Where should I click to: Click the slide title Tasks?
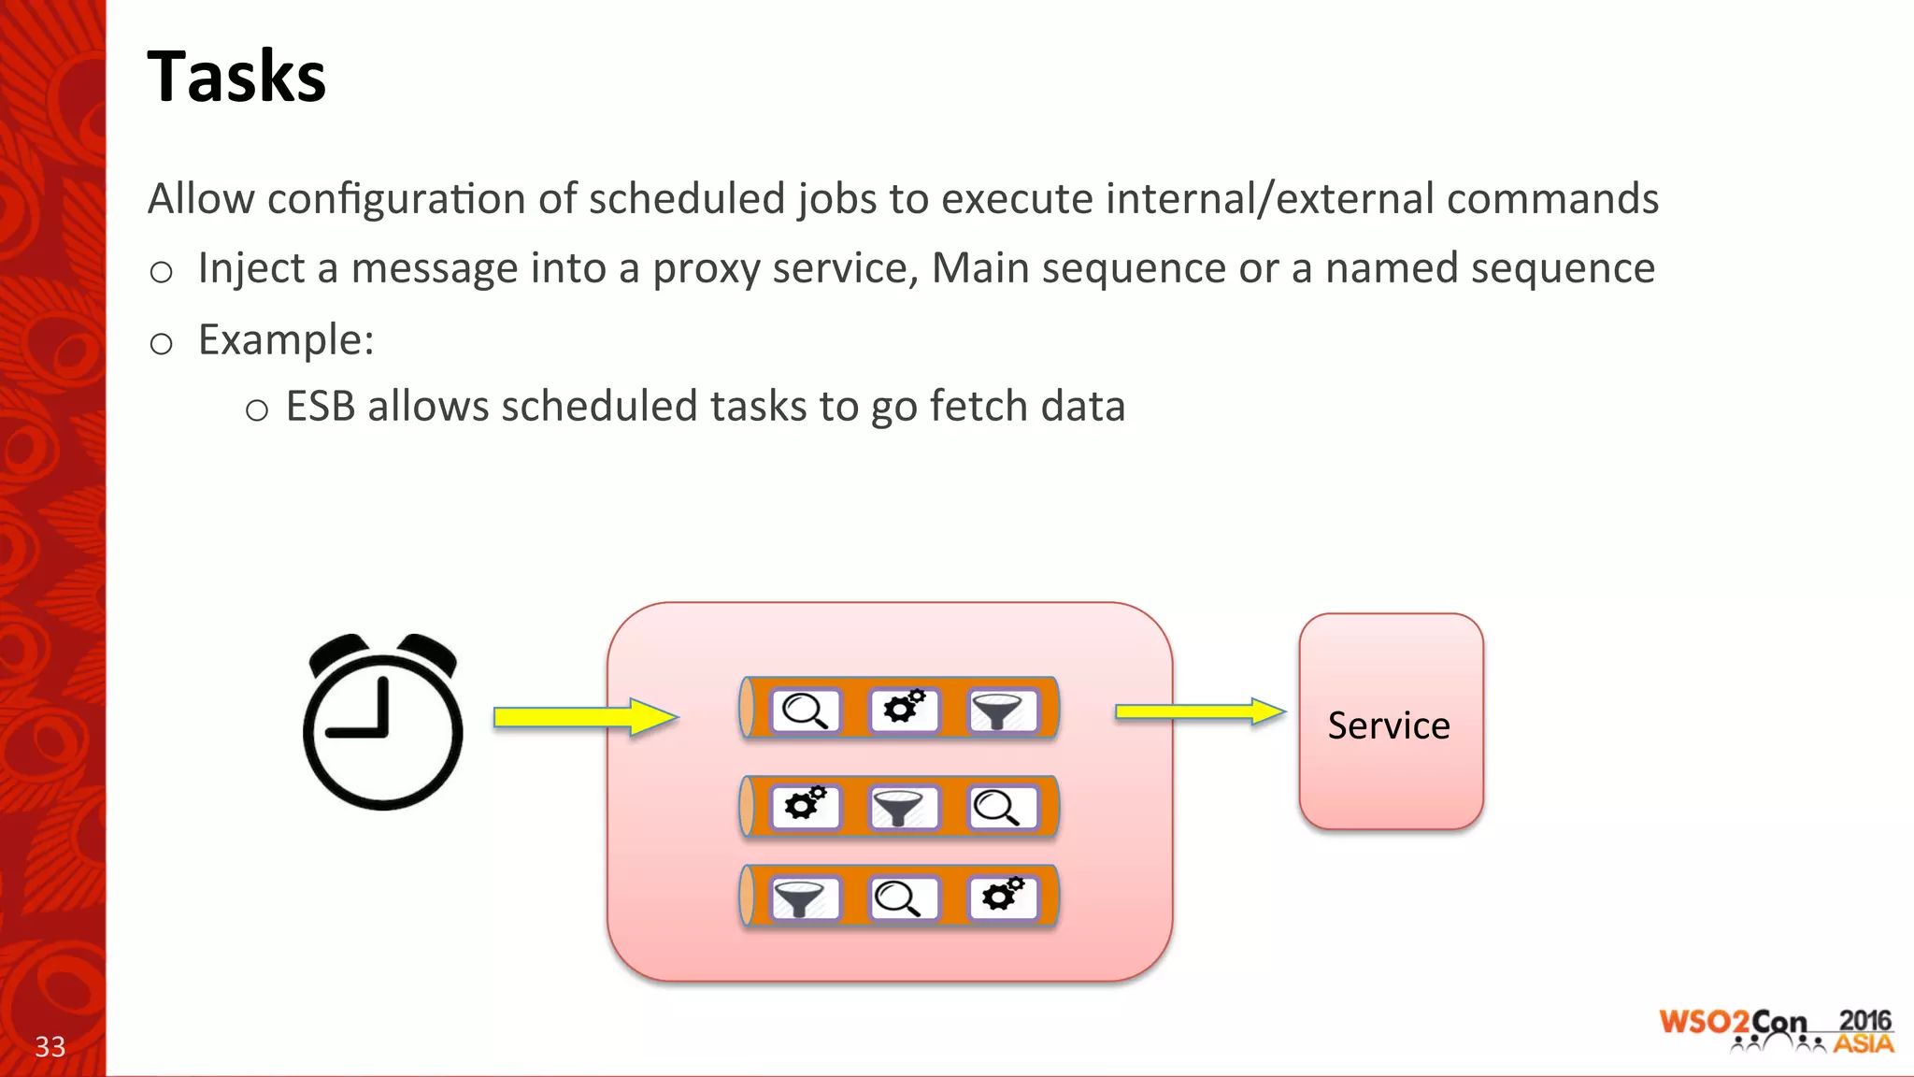coord(236,77)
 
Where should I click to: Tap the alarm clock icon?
coord(382,722)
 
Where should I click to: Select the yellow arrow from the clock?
coord(584,717)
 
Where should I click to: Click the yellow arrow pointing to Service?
coord(1200,711)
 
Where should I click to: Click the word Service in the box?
coord(1389,726)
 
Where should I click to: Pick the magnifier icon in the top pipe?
coord(805,711)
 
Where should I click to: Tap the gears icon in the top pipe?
coord(904,709)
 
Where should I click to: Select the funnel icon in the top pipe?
coord(1000,711)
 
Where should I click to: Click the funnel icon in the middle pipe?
coord(899,808)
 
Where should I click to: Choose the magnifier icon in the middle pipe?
coord(999,808)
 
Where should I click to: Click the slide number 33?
coord(50,1046)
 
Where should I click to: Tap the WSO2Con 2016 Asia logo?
coord(1776,1031)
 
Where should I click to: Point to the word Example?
coord(286,340)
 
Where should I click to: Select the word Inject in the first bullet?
coord(250,269)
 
